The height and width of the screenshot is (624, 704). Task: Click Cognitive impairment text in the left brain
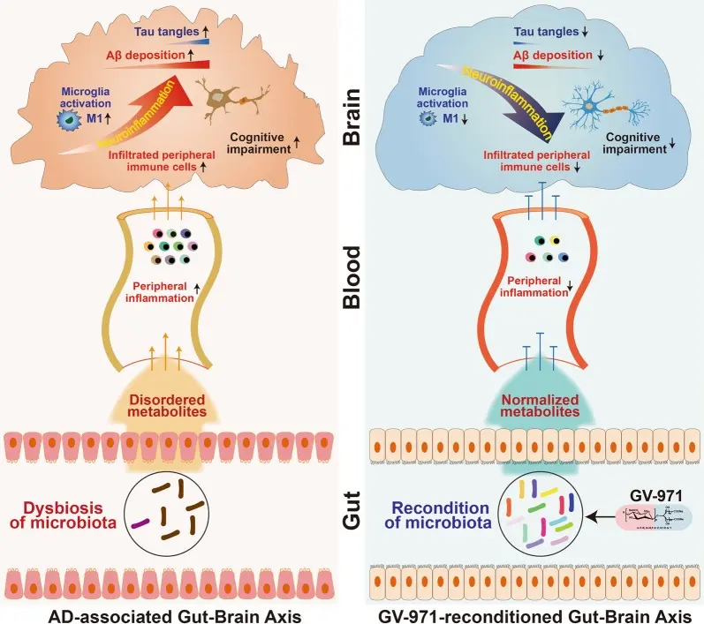[x=269, y=143]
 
